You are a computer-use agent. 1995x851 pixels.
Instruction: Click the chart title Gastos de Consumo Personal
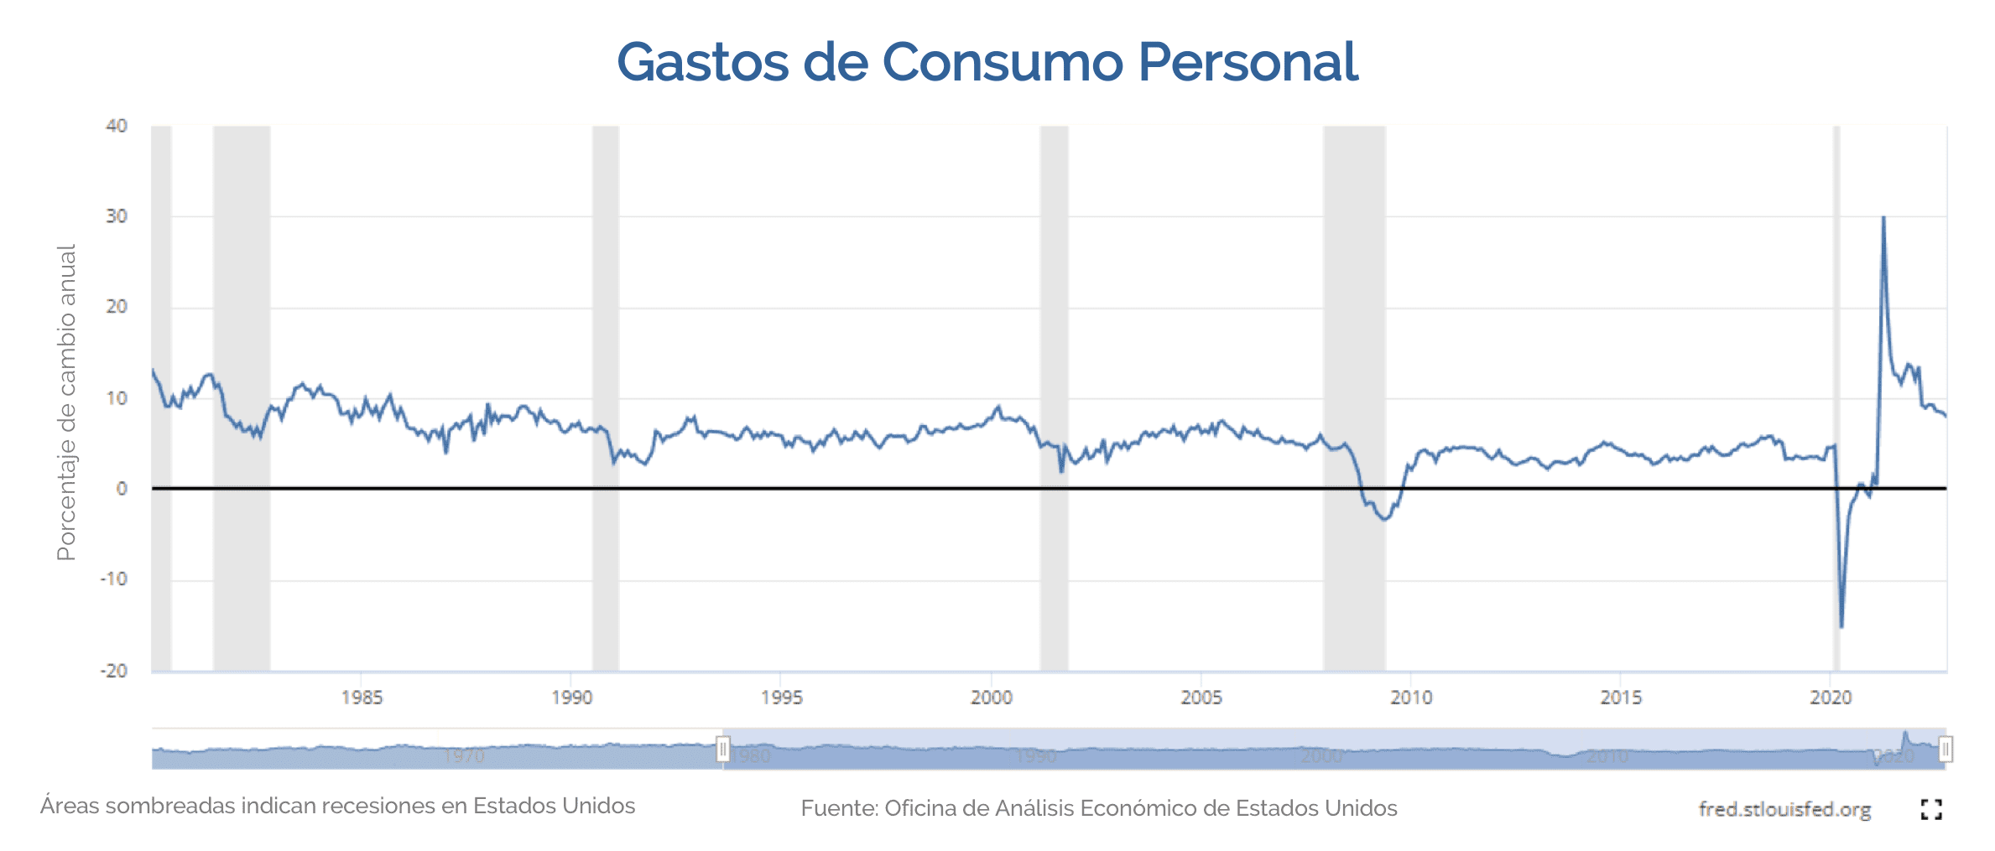pos(987,62)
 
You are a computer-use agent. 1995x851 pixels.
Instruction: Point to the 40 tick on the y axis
pos(117,126)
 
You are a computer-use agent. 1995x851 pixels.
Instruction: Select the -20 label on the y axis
pos(114,671)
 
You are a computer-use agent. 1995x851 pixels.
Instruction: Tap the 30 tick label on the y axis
pos(117,216)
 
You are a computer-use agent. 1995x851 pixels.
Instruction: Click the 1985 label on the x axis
pos(362,698)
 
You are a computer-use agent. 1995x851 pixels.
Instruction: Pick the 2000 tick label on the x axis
pos(992,698)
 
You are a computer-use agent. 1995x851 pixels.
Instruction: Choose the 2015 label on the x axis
pos(1621,698)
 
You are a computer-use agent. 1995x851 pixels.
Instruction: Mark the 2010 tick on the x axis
pos(1411,698)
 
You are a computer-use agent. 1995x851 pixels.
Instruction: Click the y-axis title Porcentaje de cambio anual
pos(66,402)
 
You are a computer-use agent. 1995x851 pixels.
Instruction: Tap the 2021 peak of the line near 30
pos(1883,218)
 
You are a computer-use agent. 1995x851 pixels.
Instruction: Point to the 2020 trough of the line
pos(1841,626)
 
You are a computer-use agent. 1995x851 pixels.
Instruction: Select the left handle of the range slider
pos(722,748)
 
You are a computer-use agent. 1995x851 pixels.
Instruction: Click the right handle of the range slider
pos(1946,748)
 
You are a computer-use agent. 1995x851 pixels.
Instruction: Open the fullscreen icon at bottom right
pos(1931,809)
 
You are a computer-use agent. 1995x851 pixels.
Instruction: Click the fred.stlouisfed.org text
pos(1784,809)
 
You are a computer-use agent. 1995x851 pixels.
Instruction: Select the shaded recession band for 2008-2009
pos(1354,335)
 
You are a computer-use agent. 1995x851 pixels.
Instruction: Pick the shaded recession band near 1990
pos(606,335)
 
